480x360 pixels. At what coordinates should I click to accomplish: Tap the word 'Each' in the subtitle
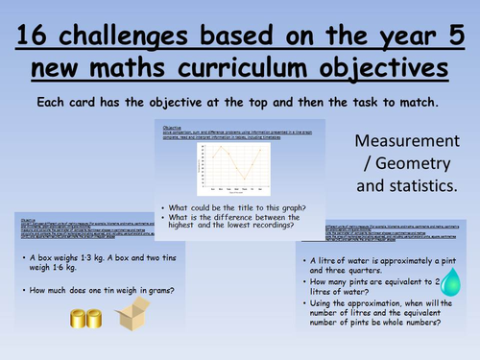tap(52, 100)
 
